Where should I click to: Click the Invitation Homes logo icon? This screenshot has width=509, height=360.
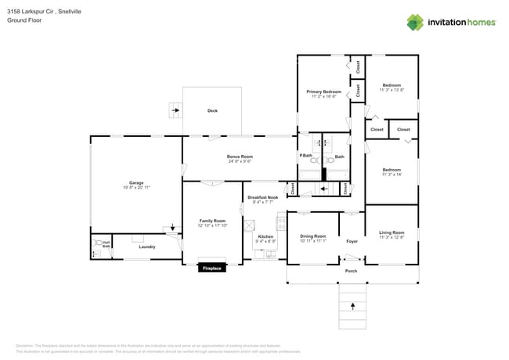coord(415,22)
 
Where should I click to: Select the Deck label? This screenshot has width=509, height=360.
coord(212,110)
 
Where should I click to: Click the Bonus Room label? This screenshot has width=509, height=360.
coord(240,157)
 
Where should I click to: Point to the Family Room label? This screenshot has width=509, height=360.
coord(212,221)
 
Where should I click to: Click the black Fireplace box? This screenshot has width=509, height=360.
coord(212,268)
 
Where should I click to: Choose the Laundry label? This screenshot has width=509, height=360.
coord(147,247)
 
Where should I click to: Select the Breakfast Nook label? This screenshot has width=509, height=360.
coord(262,197)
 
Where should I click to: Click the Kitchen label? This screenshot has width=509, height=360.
coord(265,236)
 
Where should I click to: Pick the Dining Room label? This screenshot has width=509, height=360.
coord(312,236)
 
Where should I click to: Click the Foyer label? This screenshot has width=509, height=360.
coord(352,241)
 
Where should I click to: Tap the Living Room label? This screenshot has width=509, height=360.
coord(392,232)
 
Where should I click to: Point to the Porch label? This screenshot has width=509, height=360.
coord(351,271)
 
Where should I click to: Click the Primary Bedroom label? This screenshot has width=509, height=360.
coord(323,92)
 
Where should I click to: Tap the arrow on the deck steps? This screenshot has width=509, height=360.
coord(175,110)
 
